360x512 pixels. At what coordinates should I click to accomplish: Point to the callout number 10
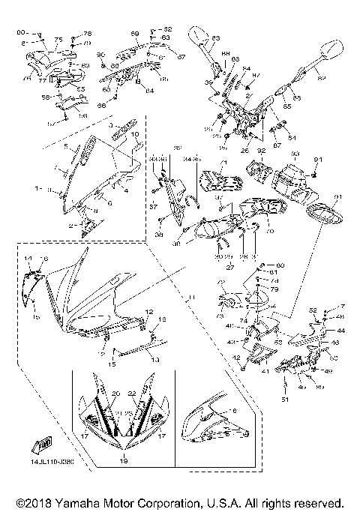[x=136, y=135]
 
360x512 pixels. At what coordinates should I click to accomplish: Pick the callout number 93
[x=295, y=154]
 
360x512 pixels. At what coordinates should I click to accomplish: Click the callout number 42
[x=235, y=359]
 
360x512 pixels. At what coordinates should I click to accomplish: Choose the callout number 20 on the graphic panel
[x=115, y=394]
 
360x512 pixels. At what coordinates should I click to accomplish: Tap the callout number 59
[x=135, y=34]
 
